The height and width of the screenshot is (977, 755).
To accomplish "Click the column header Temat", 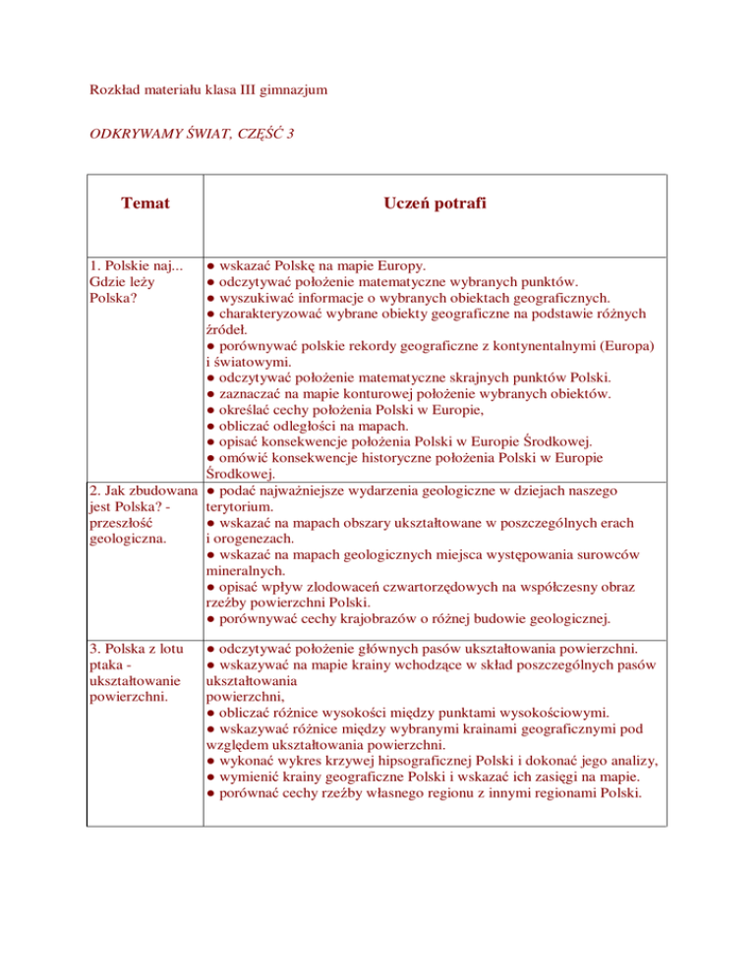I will (x=145, y=204).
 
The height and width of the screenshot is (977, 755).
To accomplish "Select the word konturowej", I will (x=386, y=393).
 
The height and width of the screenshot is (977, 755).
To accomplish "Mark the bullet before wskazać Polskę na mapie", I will (x=210, y=266).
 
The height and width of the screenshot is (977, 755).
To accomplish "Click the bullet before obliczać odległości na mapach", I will (x=210, y=426).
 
